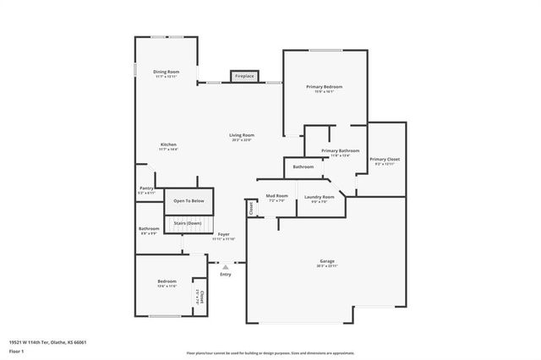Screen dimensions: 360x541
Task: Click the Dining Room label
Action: pos(166,72)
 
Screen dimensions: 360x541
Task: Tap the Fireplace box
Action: pos(244,76)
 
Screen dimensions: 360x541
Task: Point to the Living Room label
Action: pos(242,135)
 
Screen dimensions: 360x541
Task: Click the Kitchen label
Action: pos(168,145)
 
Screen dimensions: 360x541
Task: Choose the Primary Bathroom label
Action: pos(340,151)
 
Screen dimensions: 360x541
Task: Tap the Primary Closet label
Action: pos(383,160)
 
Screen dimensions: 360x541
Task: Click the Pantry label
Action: pos(146,190)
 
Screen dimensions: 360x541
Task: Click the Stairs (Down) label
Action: pos(188,223)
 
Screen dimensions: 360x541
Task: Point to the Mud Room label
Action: pos(277,196)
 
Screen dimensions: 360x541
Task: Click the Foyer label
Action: pos(223,234)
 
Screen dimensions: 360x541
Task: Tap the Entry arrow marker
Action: pos(225,266)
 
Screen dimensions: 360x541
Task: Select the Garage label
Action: pos(325,262)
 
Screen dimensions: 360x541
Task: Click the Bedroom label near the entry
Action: pos(167,281)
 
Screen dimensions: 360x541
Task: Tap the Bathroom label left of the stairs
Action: pos(150,228)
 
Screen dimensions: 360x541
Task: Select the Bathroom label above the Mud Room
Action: pos(303,166)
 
